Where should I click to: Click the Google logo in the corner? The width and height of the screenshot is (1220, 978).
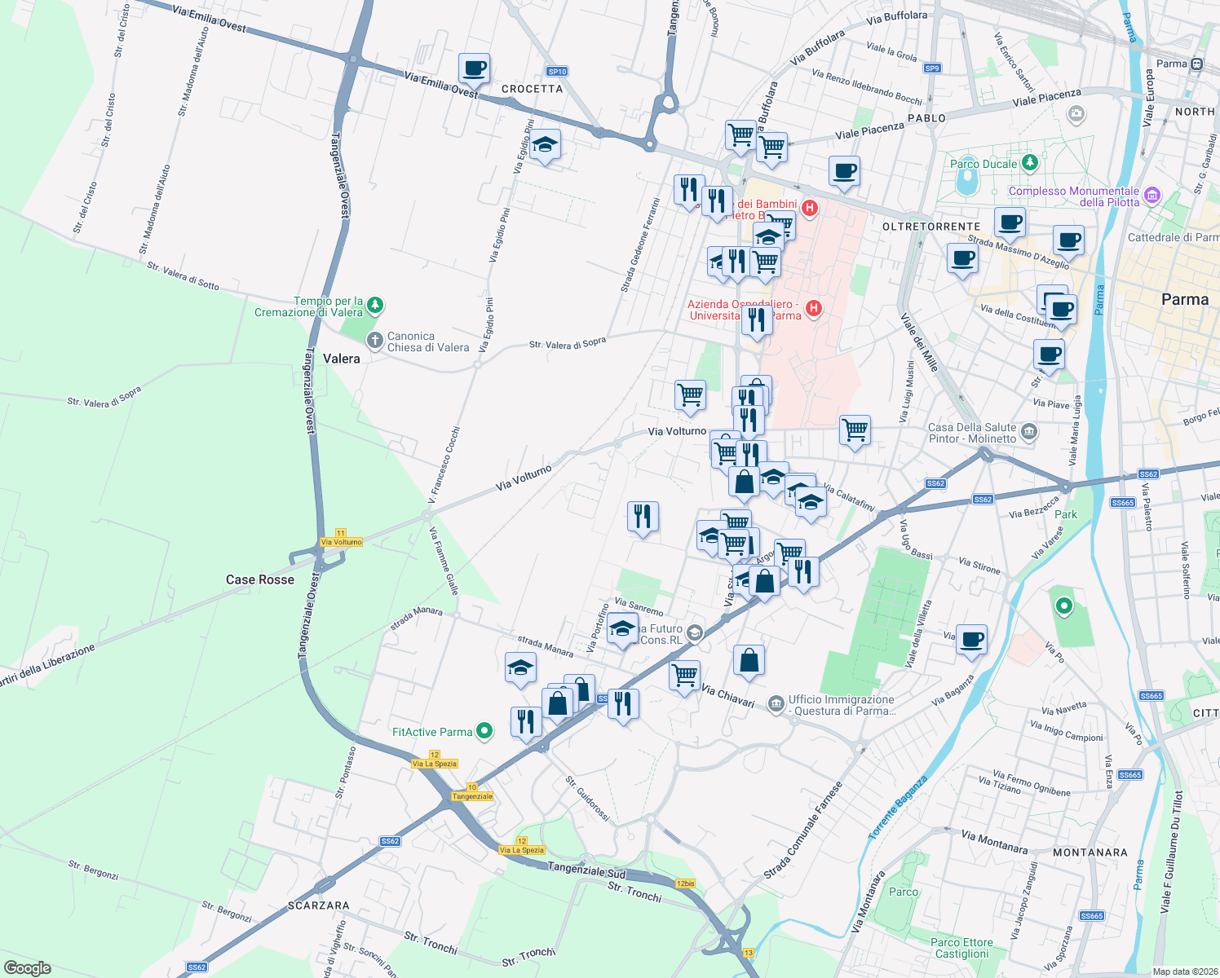pos(28,968)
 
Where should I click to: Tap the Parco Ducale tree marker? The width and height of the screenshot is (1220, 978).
pos(1030,163)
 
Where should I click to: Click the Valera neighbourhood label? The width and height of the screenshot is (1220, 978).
pos(341,359)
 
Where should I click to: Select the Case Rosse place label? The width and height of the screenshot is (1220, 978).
pos(259,579)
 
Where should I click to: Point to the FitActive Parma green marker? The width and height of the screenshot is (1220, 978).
pos(484,731)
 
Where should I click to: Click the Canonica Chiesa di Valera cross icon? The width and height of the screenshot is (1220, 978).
pos(374,341)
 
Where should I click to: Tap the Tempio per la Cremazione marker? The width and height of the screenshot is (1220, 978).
pos(374,306)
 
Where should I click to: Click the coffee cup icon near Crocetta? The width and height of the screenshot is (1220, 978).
pos(474,68)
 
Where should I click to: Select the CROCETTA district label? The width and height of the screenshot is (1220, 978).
pos(532,89)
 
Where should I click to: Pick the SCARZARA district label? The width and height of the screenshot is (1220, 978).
pos(318,905)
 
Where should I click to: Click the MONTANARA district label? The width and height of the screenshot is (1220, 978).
pos(1090,852)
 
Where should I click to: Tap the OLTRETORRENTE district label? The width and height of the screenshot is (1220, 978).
pos(931,227)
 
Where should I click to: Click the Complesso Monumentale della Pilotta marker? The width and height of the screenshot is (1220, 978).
pos(1151,195)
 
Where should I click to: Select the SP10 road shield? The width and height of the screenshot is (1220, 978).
pos(557,72)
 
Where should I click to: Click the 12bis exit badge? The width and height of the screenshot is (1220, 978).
pos(685,883)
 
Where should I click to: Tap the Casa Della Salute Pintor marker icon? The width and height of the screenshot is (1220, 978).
pos(1029,431)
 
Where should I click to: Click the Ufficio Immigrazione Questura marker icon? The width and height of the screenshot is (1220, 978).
pos(776,703)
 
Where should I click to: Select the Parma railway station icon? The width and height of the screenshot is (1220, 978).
pos(1196,64)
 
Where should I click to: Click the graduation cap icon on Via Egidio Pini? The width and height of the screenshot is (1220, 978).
pos(544,146)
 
